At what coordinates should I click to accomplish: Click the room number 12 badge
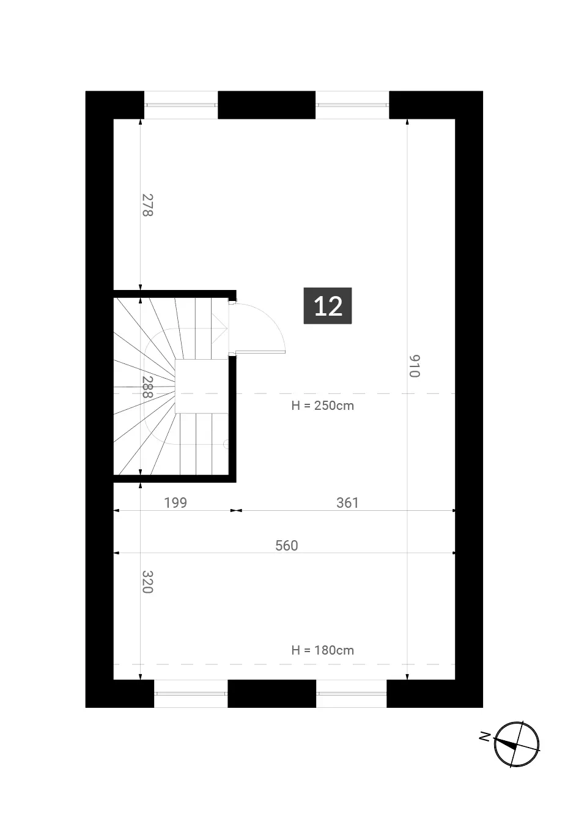(x=328, y=306)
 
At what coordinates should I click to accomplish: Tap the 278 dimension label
(x=147, y=205)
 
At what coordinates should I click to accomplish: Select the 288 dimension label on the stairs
(x=147, y=387)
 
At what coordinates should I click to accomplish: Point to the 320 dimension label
(x=147, y=582)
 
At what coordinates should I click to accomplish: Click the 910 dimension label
(x=415, y=366)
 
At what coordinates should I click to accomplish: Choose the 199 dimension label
(x=175, y=502)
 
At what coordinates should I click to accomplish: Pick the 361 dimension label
(x=347, y=502)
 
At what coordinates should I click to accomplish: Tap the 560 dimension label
(x=287, y=545)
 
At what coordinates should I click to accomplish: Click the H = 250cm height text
(x=322, y=406)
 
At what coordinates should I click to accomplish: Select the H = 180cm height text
(x=322, y=650)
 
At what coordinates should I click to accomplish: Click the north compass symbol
(x=517, y=744)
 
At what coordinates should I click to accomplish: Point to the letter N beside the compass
(x=484, y=736)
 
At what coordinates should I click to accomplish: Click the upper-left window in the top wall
(x=181, y=105)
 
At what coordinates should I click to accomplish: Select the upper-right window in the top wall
(x=352, y=105)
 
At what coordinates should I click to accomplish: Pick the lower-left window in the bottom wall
(x=191, y=694)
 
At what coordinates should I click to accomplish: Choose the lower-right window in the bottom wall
(x=351, y=694)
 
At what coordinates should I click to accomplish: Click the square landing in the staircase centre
(x=201, y=386)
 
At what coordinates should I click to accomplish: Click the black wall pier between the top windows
(x=267, y=105)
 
